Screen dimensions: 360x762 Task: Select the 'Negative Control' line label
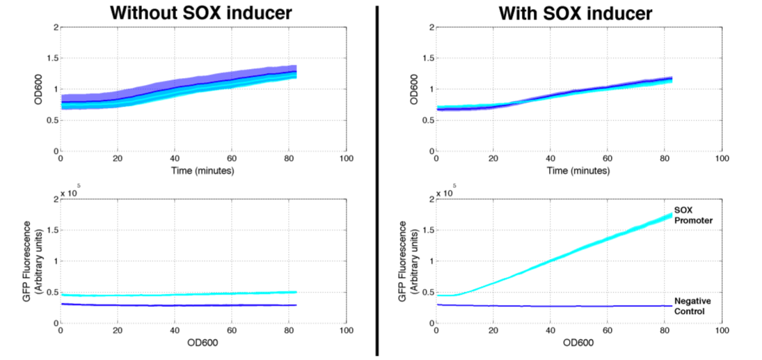click(696, 306)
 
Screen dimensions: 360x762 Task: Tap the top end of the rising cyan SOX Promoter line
click(672, 215)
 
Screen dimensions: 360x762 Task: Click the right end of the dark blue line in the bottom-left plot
click(297, 305)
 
